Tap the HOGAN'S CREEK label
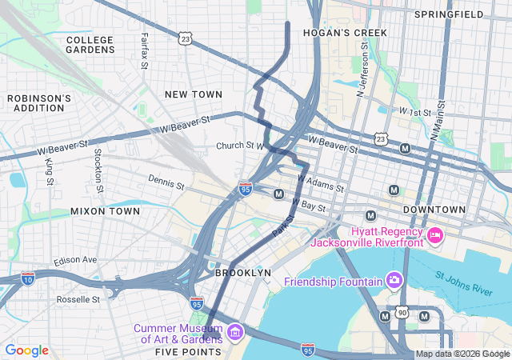pos(345,33)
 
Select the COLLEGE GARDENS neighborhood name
pos(90,44)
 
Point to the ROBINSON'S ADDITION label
pos(39,102)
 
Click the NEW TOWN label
pos(193,94)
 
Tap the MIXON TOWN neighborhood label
pos(105,211)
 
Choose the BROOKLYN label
pos(243,273)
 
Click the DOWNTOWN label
pos(434,210)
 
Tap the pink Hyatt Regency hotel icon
pos(435,235)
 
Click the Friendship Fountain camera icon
pos(394,281)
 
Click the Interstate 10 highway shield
pos(29,278)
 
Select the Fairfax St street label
pos(144,50)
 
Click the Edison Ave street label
pos(75,261)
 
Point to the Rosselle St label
pos(79,299)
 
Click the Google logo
pos(26,350)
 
